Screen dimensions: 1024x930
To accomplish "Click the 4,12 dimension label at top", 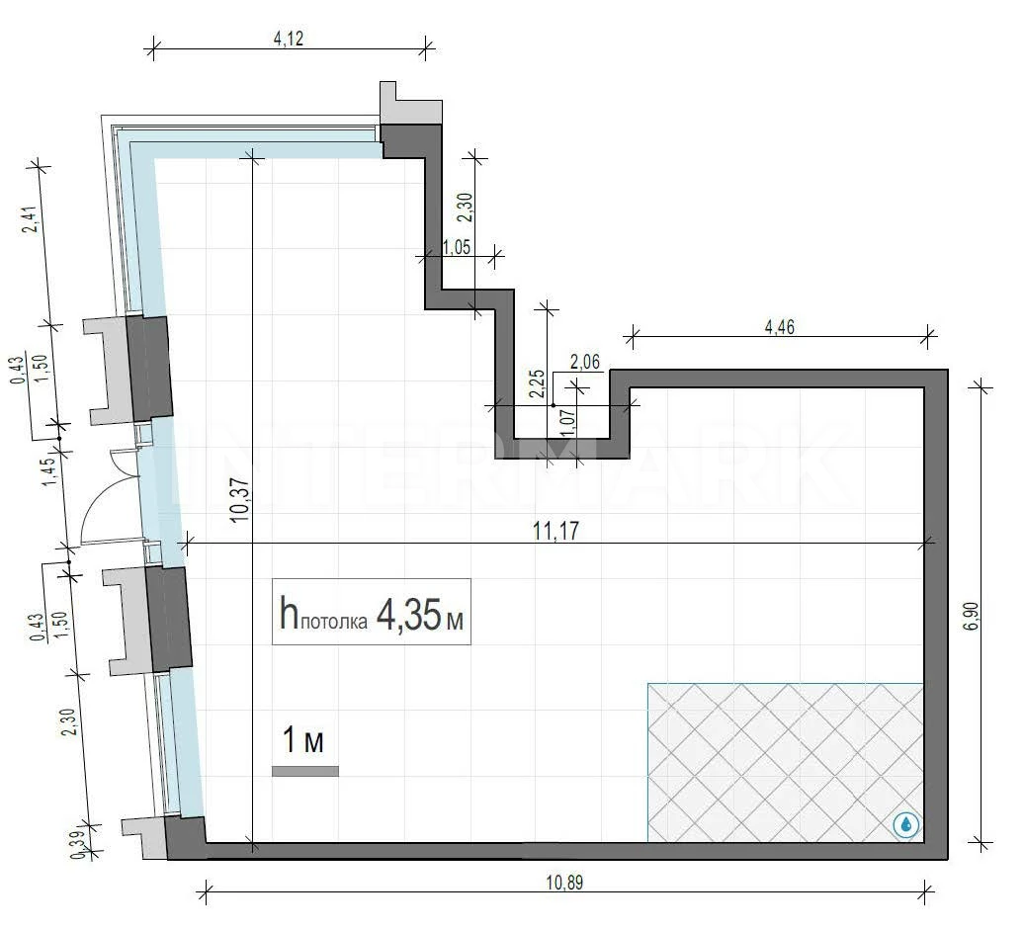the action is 288,39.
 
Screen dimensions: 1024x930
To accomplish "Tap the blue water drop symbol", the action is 905,825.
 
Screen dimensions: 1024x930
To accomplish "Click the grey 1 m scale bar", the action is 305,771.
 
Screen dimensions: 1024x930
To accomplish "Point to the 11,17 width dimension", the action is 555,531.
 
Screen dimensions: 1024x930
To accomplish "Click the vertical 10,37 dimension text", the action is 239,500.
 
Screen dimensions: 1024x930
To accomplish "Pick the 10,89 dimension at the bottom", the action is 565,883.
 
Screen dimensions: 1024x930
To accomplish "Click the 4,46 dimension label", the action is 779,326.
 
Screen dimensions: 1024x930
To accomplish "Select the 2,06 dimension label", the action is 584,361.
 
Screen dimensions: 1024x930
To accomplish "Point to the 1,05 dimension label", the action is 457,247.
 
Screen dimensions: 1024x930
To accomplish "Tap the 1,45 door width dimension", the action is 49,472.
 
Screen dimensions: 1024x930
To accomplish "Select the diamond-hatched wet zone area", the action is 786,763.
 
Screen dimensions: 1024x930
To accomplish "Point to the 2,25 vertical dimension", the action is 537,383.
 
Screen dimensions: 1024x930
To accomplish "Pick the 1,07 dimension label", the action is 568,423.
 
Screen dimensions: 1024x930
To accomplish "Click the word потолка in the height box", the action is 333,622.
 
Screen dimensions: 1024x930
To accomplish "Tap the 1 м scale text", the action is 303,740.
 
